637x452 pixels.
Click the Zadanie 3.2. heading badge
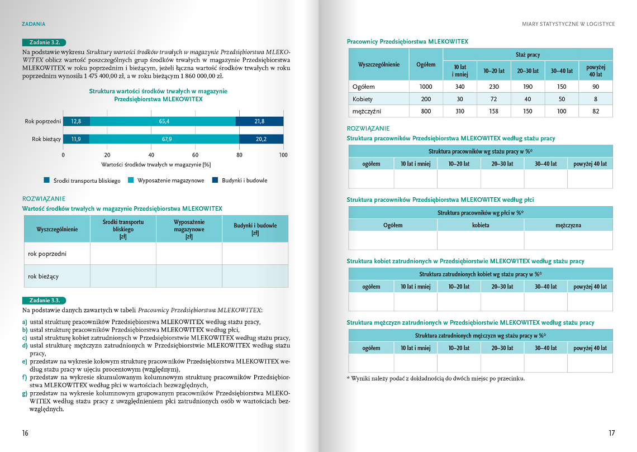(44, 42)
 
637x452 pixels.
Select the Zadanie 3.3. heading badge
(44, 299)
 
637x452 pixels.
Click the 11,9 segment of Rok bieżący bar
(76, 139)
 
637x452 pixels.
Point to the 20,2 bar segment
(261, 139)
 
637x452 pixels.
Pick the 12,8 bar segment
(77, 121)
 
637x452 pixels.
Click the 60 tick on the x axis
(196, 155)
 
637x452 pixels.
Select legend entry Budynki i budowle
(240, 180)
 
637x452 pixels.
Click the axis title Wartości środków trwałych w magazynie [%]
(156, 165)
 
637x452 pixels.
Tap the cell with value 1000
(426, 87)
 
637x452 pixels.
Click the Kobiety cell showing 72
(493, 99)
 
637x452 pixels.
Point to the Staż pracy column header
(527, 54)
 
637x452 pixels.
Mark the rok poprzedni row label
(47, 254)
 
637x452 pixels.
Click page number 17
(611, 433)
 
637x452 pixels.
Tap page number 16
(25, 433)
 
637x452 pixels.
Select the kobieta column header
(481, 225)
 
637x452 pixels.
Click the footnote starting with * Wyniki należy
(436, 378)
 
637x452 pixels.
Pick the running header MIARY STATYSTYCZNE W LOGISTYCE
(568, 24)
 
